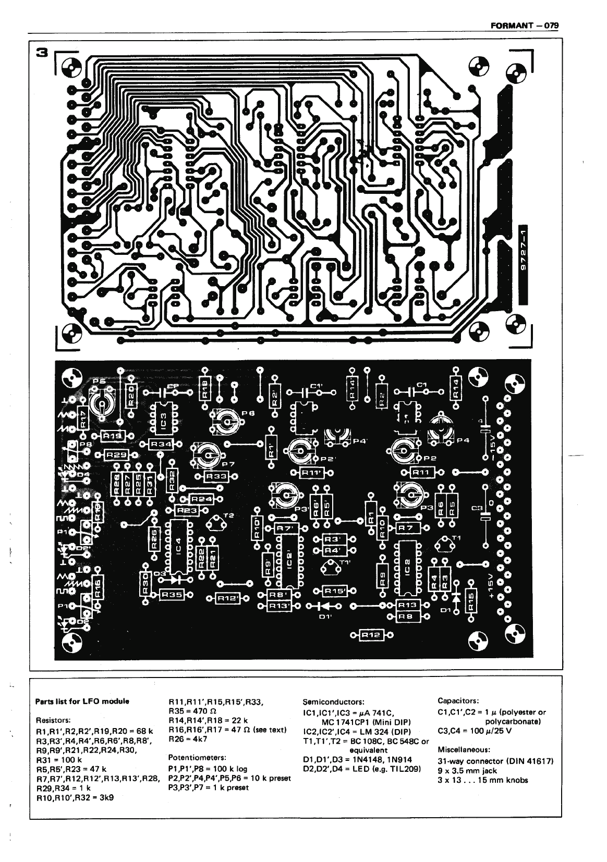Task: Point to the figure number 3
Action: click(x=43, y=52)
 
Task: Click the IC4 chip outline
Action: click(x=177, y=547)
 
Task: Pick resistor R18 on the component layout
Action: click(x=206, y=388)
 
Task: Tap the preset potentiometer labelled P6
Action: click(x=225, y=420)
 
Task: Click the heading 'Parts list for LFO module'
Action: click(x=81, y=701)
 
